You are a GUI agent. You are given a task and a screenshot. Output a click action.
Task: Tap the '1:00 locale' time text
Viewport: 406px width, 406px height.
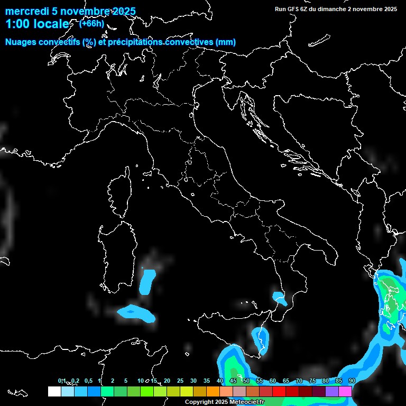click(37, 24)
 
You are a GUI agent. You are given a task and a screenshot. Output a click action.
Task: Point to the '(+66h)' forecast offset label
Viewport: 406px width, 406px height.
click(91, 23)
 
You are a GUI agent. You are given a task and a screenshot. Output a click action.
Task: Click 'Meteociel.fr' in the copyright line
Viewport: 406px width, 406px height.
click(247, 402)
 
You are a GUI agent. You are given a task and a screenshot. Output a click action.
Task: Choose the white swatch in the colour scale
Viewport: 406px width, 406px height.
click(54, 391)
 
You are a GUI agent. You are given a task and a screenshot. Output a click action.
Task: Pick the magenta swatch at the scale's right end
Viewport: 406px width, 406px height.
click(345, 391)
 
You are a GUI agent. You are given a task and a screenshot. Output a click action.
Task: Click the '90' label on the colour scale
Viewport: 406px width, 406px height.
click(352, 381)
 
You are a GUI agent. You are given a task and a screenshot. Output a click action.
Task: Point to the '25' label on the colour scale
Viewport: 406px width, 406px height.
click(180, 381)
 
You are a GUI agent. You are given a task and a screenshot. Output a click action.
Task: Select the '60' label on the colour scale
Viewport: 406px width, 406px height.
click(273, 381)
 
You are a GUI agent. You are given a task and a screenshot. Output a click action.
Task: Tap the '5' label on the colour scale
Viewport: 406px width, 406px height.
click(126, 381)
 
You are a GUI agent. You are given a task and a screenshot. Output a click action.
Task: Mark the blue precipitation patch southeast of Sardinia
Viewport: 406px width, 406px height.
click(149, 281)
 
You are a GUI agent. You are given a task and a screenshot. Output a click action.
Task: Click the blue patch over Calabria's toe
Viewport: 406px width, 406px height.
click(279, 298)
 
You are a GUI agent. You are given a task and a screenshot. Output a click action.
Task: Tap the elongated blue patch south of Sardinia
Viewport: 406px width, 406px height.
click(136, 312)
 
